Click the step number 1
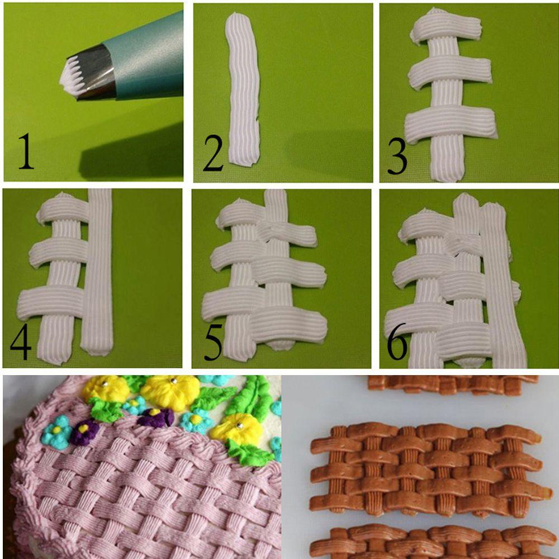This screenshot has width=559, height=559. [26, 150]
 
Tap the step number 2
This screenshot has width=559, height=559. [213, 153]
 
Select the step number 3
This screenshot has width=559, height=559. [397, 156]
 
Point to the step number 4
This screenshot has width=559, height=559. [21, 342]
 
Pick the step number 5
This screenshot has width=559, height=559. [213, 342]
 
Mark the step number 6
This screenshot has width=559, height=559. [397, 341]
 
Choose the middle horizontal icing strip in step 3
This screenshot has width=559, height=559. [450, 72]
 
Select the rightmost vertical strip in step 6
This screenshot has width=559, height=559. [503, 285]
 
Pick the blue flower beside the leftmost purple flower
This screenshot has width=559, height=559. [56, 432]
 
